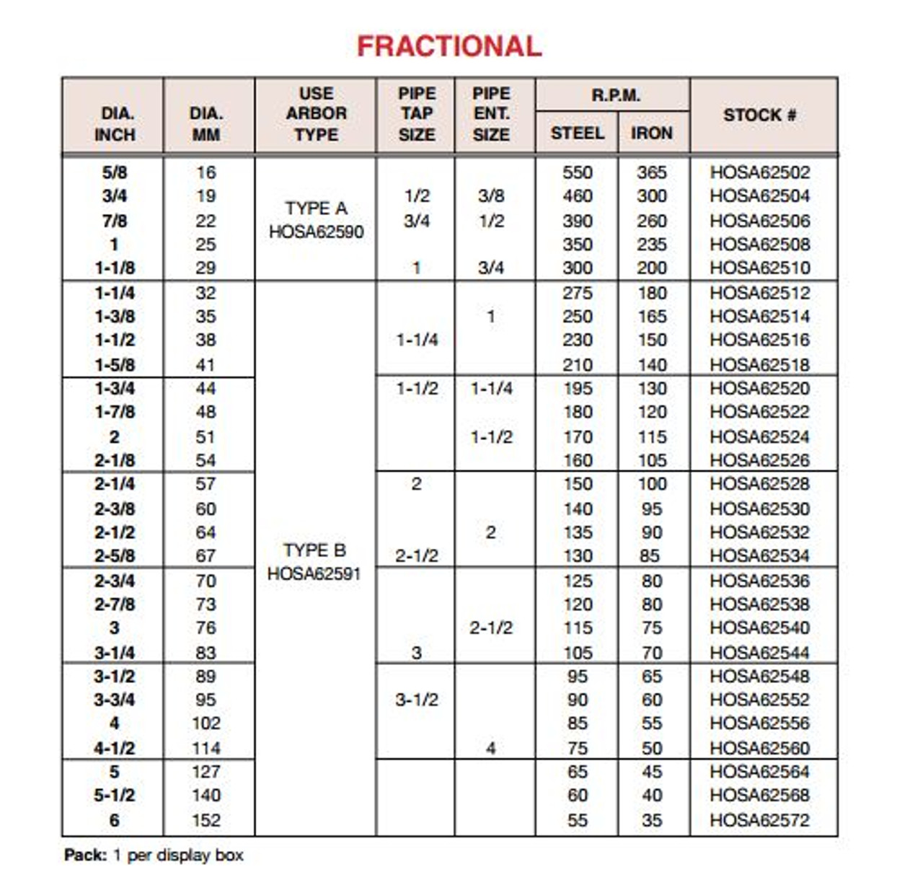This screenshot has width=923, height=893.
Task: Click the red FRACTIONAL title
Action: [x=449, y=47]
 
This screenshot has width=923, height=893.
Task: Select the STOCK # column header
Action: [x=759, y=115]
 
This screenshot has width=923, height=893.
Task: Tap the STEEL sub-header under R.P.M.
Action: [x=577, y=133]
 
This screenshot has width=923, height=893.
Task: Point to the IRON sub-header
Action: [x=651, y=133]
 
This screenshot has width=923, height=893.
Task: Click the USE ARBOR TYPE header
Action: [x=316, y=114]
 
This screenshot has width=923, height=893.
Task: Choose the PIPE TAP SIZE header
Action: [x=416, y=114]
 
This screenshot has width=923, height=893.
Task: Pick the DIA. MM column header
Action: [x=206, y=124]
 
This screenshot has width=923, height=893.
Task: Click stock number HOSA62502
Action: [x=759, y=172]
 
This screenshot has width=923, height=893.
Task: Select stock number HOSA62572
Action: [x=759, y=820]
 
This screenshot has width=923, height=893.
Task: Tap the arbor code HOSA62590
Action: [x=316, y=232]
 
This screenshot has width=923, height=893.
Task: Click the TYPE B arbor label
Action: [x=314, y=550]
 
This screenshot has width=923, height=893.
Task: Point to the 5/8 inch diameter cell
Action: [x=115, y=172]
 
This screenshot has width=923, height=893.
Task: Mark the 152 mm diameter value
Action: [x=206, y=820]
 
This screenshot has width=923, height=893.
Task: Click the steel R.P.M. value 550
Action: [x=577, y=172]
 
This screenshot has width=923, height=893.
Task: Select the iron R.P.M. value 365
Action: [x=651, y=172]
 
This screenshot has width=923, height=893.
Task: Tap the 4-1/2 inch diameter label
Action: [x=115, y=748]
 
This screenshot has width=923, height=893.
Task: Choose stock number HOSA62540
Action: [x=759, y=628]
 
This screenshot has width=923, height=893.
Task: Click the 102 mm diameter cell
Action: [x=206, y=723]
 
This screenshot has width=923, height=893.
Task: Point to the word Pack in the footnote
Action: [x=85, y=855]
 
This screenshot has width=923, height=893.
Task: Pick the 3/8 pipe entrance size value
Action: [x=490, y=196]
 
